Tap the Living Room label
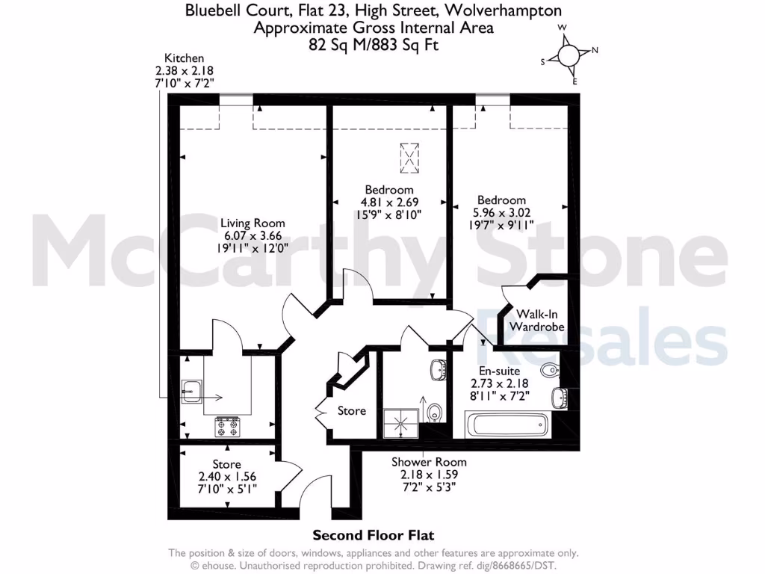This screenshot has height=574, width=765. (x=252, y=223)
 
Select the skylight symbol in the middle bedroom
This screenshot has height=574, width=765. (x=410, y=157)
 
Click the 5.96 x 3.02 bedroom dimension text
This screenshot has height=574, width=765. (x=501, y=213)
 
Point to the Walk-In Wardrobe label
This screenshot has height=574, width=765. (x=536, y=321)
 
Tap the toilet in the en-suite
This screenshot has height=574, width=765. (x=550, y=368)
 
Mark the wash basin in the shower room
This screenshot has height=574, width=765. (x=439, y=368)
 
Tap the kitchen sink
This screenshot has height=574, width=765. (x=192, y=389)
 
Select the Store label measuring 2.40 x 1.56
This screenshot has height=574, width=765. (x=226, y=465)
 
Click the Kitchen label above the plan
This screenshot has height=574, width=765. (x=184, y=58)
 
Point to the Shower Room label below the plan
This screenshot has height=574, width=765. (x=429, y=462)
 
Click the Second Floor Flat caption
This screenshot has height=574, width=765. (x=373, y=535)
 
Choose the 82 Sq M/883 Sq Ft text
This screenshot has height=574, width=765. (x=373, y=45)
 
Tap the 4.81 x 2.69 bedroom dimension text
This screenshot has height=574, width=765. (x=388, y=202)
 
